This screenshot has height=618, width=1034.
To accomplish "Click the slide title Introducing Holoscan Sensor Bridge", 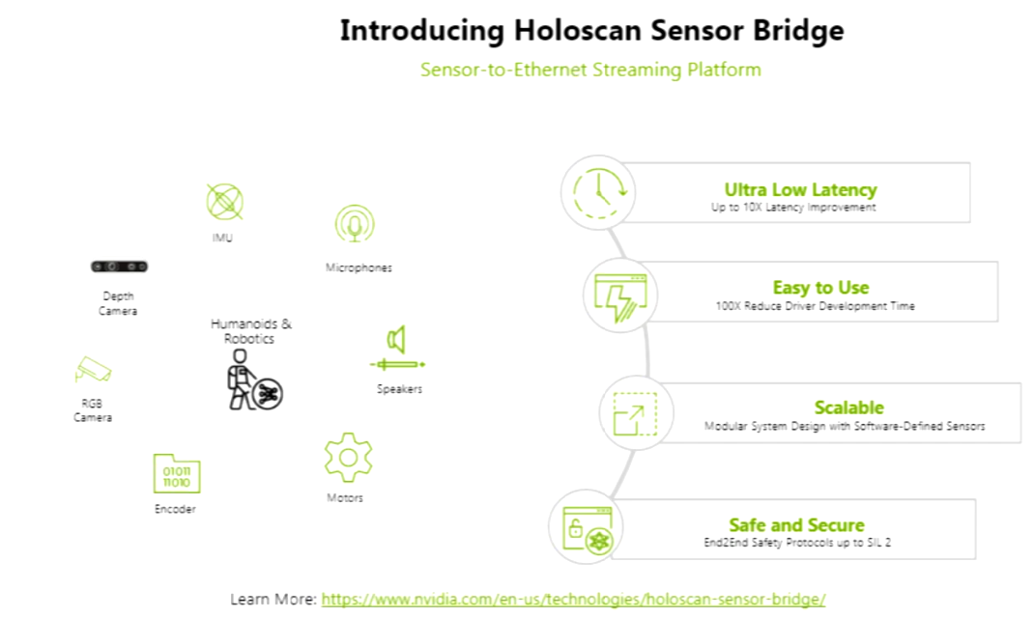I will [591, 31].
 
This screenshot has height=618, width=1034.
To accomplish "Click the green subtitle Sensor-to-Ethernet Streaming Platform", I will [590, 70].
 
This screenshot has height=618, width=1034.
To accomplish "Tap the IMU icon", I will [224, 202].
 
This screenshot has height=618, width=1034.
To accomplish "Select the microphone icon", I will [355, 224].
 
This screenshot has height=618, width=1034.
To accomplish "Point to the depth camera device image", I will [119, 267].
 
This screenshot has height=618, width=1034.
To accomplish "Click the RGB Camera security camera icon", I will [93, 369].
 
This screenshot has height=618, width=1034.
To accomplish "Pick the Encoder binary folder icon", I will [176, 474].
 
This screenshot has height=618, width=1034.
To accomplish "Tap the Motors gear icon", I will [348, 458].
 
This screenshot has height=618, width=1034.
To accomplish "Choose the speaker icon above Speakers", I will [396, 341].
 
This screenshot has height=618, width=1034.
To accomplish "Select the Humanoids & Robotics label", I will [251, 331].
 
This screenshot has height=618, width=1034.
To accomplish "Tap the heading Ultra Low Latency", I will [800, 189].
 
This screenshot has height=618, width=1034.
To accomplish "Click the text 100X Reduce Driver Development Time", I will [815, 306].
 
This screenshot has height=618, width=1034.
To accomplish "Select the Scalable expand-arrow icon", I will [635, 414].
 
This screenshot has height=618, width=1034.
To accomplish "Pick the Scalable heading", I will [848, 407].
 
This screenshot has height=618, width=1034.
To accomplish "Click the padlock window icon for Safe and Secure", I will [585, 527].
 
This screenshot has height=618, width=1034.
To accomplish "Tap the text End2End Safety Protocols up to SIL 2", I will [797, 543].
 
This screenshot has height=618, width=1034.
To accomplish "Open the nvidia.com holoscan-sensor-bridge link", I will [573, 599].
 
